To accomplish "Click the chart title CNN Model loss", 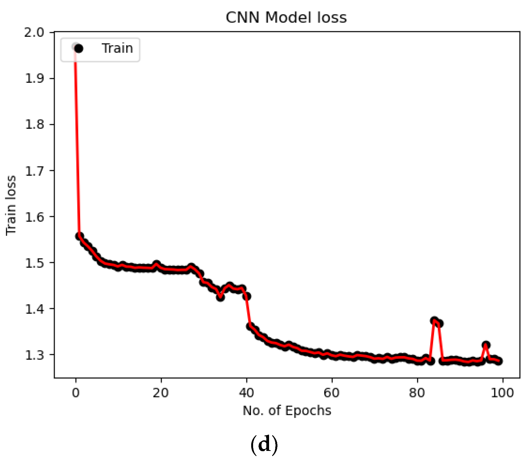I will pyautogui.click(x=286, y=18).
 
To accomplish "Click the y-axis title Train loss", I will pyautogui.click(x=11, y=205).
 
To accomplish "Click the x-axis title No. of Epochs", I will pyautogui.click(x=287, y=411).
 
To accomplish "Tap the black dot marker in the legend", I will pyautogui.click(x=78, y=49).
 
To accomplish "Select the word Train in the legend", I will pyautogui.click(x=117, y=48).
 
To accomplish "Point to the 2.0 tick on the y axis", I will pyautogui.click(x=34, y=32).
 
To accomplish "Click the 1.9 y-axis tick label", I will pyautogui.click(x=34, y=78).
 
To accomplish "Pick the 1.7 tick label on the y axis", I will pyautogui.click(x=34, y=171).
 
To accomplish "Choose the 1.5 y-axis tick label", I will pyautogui.click(x=34, y=263).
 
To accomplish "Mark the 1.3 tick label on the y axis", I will pyautogui.click(x=34, y=355).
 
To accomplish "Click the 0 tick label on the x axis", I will pyautogui.click(x=76, y=392).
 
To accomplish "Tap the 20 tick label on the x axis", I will pyautogui.click(x=161, y=392).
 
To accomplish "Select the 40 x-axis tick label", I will pyautogui.click(x=246, y=392).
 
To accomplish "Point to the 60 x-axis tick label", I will pyautogui.click(x=332, y=392).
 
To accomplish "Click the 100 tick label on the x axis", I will pyautogui.click(x=502, y=392).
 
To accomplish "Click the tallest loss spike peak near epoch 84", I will pyautogui.click(x=434, y=320).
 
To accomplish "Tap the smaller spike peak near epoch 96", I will pyautogui.click(x=486, y=345).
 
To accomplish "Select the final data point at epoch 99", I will pyautogui.click(x=499, y=361).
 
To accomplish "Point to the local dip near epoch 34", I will pyautogui.click(x=220, y=297).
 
